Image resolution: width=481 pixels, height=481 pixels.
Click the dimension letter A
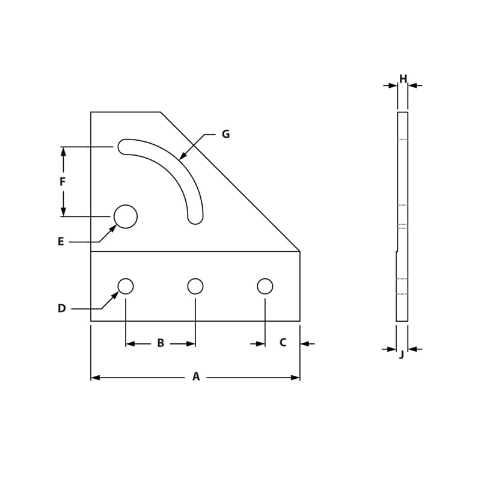click(195, 377)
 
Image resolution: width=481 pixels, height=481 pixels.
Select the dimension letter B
click(161, 343)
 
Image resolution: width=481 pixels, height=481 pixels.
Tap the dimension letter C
click(283, 343)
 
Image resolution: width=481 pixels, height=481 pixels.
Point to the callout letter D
click(61, 308)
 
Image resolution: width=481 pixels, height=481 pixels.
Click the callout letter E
click(61, 242)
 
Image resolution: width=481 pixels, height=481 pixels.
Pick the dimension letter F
click(63, 182)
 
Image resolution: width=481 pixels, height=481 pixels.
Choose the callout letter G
click(225, 134)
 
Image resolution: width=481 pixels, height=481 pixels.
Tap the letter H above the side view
click(403, 79)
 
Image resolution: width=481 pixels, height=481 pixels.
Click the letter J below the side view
click(402, 355)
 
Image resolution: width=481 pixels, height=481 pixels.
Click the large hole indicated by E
click(126, 216)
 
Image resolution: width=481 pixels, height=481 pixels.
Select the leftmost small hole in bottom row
click(126, 286)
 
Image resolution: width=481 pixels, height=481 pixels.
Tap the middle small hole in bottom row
click(195, 286)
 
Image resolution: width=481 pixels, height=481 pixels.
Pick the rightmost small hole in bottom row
click(265, 286)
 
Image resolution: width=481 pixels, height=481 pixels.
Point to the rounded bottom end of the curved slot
click(195, 217)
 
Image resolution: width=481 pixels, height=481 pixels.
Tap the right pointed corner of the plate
click(299, 251)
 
